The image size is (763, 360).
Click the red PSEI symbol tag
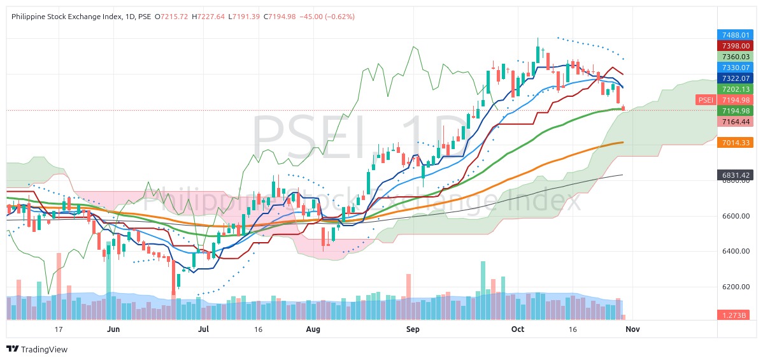(x=705, y=100)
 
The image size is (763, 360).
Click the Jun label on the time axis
(x=113, y=329)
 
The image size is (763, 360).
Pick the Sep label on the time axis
(x=413, y=329)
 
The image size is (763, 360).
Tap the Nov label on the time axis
(x=632, y=329)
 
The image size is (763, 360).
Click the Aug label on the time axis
(x=313, y=329)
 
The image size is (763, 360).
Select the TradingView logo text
(x=44, y=349)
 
